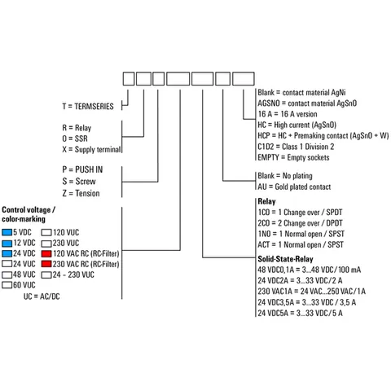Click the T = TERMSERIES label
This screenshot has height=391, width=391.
click(x=88, y=106)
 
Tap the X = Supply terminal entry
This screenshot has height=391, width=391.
click(x=91, y=149)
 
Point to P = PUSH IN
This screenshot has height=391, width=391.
click(x=82, y=169)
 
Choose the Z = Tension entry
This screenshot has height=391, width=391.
click(x=81, y=193)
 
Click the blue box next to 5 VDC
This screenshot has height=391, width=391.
click(x=7, y=232)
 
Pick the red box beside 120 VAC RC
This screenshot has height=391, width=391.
click(x=46, y=253)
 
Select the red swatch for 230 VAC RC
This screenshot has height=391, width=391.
click(x=46, y=264)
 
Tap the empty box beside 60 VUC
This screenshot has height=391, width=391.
click(x=7, y=285)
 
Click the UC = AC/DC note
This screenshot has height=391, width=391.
click(x=42, y=297)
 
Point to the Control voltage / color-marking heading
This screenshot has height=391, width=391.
click(x=29, y=214)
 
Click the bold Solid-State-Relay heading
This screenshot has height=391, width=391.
click(x=285, y=259)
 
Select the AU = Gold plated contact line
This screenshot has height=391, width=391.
click(x=294, y=187)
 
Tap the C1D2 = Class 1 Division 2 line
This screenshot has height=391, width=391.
click(x=296, y=147)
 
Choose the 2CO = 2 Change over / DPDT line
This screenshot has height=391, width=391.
click(x=300, y=223)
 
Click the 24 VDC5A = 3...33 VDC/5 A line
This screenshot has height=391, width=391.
click(x=300, y=313)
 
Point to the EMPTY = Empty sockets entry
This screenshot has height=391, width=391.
click(x=293, y=157)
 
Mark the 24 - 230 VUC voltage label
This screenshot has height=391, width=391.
click(x=73, y=275)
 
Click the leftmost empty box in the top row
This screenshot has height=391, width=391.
click(x=129, y=79)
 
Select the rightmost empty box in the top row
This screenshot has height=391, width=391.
click(x=244, y=79)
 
